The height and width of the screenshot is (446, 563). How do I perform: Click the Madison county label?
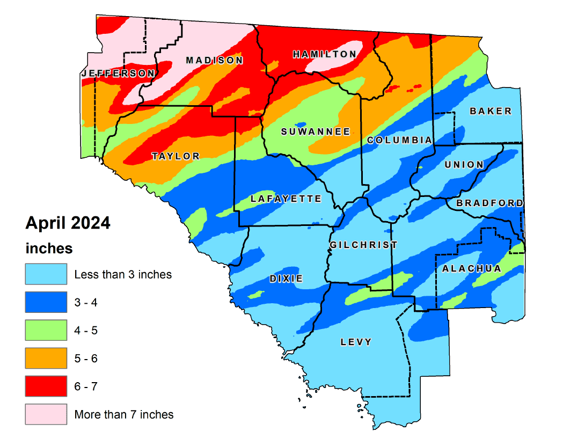tap(214, 60)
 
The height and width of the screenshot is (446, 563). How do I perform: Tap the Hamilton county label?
tap(324, 54)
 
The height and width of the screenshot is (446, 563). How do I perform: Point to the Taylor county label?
tap(176, 156)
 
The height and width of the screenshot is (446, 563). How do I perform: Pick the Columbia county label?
tap(399, 140)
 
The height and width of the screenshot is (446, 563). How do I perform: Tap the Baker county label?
tap(491, 111)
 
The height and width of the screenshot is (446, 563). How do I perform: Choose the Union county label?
tap(464, 164)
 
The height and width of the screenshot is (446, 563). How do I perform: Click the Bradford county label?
tap(489, 203)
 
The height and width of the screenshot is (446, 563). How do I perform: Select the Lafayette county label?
tap(286, 199)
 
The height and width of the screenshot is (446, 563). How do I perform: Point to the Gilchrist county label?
tap(363, 245)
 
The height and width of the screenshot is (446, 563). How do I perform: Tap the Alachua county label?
tap(471, 268)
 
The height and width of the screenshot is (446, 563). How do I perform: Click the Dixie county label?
tap(287, 279)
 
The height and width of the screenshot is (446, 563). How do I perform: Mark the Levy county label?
tap(356, 342)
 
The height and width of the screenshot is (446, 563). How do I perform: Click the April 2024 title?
tap(68, 223)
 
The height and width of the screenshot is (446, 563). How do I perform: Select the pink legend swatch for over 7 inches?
tap(46, 414)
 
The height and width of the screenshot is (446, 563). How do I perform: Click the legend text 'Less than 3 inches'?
tap(123, 275)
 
